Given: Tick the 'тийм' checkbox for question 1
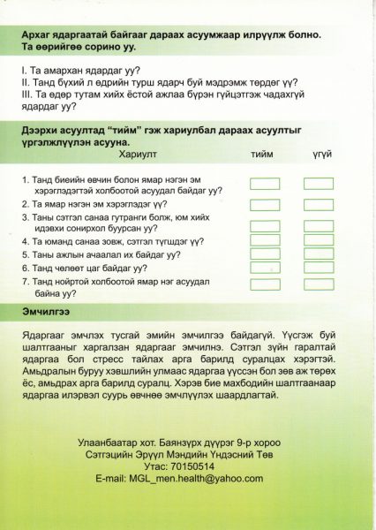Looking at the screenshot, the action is click(264, 184).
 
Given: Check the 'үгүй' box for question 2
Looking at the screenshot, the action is click(318, 202).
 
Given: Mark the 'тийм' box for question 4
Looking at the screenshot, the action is click(264, 239).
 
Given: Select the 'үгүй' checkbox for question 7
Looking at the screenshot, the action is click(318, 282).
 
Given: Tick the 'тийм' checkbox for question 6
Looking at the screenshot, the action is click(264, 267).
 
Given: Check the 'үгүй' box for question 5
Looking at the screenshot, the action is click(318, 254).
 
